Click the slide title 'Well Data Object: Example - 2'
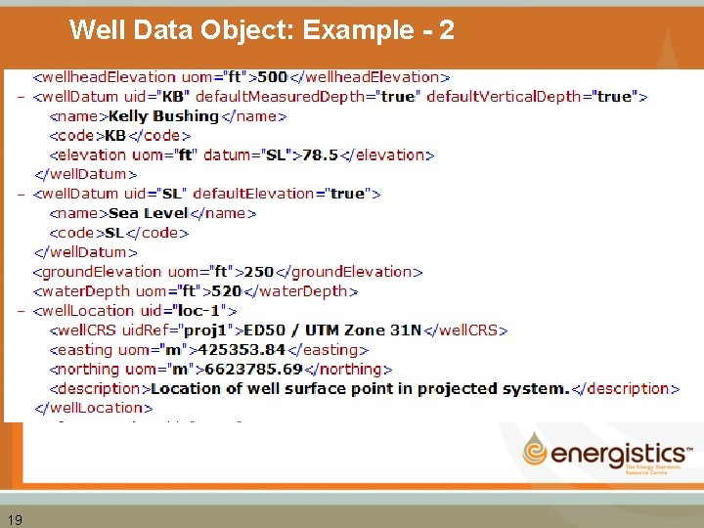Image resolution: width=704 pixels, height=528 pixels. [x=262, y=30]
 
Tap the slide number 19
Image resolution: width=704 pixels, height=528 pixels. [x=14, y=519]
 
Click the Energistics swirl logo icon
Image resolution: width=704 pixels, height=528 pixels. [x=536, y=451]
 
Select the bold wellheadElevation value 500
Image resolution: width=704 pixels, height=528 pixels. [x=273, y=76]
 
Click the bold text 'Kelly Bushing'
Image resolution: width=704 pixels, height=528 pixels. [x=163, y=115]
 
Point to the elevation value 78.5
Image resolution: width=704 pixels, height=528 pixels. [x=320, y=154]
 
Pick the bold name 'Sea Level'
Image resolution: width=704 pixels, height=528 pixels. [x=149, y=213]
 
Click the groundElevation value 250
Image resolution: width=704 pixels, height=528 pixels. [x=259, y=272]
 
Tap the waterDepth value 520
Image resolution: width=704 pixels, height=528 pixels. [x=227, y=291]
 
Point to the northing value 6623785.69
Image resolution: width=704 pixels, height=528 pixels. [x=250, y=370]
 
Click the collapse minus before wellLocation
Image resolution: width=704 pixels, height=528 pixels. [x=22, y=311]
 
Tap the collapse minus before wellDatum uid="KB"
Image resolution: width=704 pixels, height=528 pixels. [x=22, y=96]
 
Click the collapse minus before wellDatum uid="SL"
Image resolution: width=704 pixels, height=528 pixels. [x=22, y=194]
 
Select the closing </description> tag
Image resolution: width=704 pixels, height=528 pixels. [x=626, y=389]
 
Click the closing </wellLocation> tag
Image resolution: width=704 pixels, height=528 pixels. [x=96, y=408]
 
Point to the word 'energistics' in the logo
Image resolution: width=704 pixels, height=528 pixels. [x=618, y=454]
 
